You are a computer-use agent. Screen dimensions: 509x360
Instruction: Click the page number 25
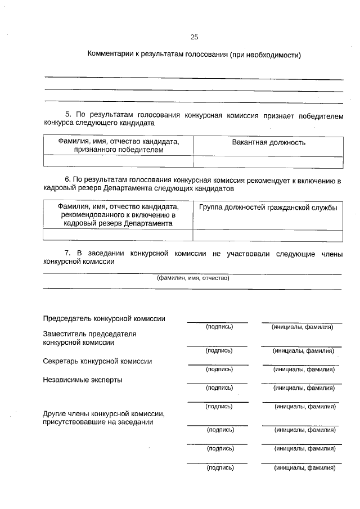click(x=194, y=37)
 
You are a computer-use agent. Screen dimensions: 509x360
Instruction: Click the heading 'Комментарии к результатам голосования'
click(x=194, y=55)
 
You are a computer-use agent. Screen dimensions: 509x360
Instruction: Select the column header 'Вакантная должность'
click(x=268, y=142)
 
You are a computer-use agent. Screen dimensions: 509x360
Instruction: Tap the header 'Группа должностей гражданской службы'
click(x=268, y=208)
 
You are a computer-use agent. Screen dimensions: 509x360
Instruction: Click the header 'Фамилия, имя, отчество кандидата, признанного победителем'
click(x=118, y=146)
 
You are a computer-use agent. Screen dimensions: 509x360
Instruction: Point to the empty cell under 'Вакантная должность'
click(x=268, y=162)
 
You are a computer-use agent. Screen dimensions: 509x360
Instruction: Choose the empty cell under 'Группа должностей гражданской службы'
click(x=268, y=235)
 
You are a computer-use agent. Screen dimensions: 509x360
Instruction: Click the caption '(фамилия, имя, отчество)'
click(x=193, y=278)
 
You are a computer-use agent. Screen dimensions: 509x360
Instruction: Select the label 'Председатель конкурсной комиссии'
click(x=104, y=318)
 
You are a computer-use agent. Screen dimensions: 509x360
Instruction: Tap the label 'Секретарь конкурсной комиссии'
click(x=97, y=361)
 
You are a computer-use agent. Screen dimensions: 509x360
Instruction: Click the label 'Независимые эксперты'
click(x=83, y=380)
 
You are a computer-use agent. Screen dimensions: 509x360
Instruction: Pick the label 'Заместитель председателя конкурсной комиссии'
click(x=89, y=337)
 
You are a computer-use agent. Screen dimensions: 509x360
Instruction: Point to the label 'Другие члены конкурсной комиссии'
click(x=103, y=414)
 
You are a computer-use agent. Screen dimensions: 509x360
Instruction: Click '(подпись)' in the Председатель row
click(x=219, y=327)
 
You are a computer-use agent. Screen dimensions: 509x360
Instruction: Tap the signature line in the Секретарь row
click(x=217, y=365)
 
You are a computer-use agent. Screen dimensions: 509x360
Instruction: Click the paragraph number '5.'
click(x=68, y=114)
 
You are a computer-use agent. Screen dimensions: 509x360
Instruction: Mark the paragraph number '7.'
click(x=68, y=254)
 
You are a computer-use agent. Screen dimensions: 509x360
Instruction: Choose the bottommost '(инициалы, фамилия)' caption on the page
click(x=304, y=467)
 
